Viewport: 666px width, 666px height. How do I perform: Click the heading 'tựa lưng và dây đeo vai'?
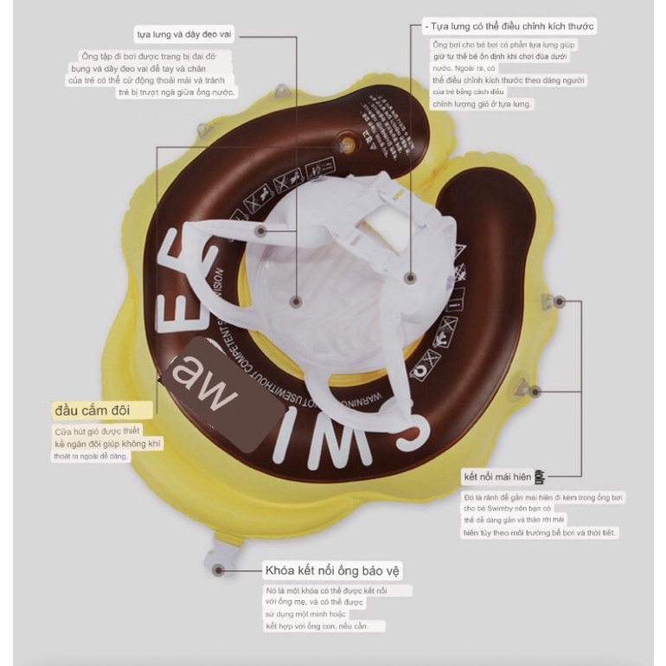(x=184, y=35)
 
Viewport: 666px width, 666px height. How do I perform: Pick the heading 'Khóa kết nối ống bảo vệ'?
(x=333, y=571)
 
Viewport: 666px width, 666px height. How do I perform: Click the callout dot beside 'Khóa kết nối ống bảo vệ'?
(x=219, y=570)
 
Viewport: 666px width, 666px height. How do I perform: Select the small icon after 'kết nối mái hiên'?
(x=541, y=477)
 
